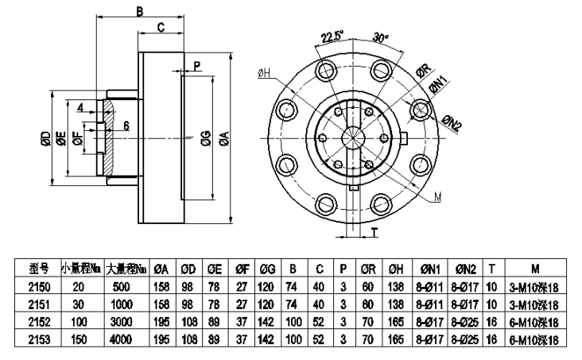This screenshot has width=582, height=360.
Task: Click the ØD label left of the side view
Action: click(x=45, y=140)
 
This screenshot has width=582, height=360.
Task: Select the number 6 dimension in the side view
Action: click(x=126, y=125)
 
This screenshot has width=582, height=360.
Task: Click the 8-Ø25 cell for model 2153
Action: click(x=468, y=339)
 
